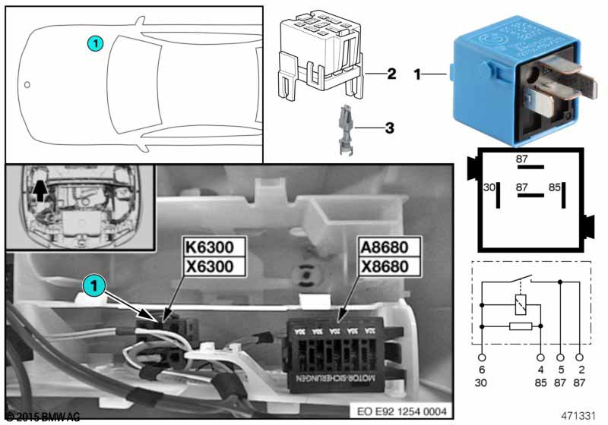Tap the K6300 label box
tap(213, 247)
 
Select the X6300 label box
tap(213, 266)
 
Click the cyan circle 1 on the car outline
tap(93, 43)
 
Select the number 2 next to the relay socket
tap(391, 74)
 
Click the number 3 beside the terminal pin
tap(388, 128)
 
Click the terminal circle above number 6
tap(482, 356)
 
